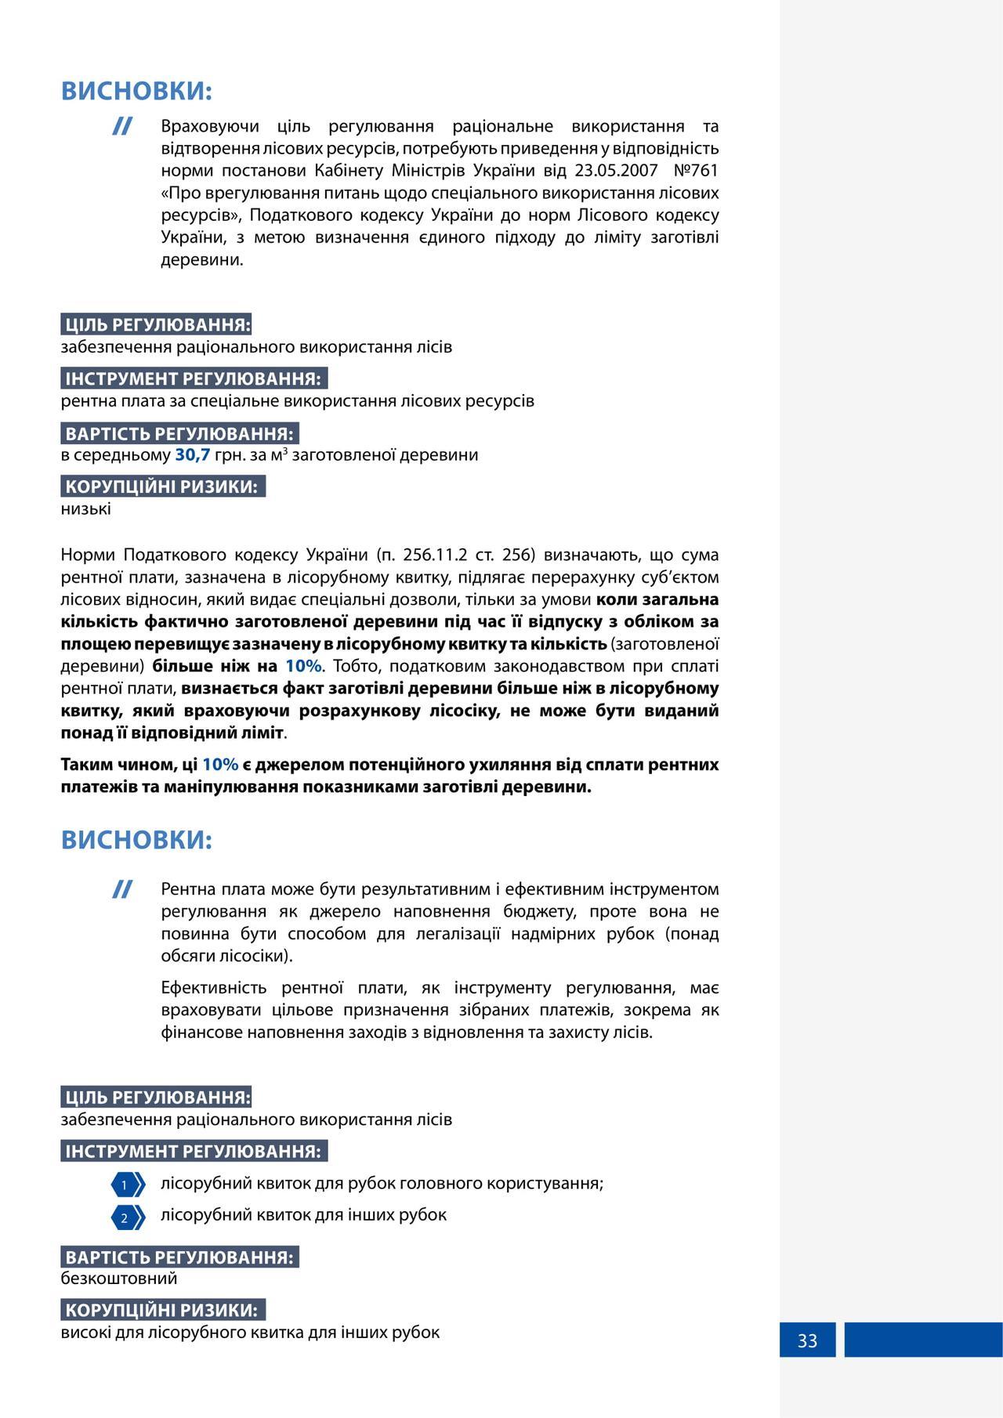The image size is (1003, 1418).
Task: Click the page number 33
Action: [807, 1340]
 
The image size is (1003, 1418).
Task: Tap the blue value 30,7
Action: [192, 454]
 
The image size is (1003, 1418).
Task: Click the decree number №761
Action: [695, 171]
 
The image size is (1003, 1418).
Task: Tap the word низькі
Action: [86, 509]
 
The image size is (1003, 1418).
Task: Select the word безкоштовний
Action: [119, 1279]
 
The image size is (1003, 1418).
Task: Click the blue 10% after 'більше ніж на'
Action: [303, 667]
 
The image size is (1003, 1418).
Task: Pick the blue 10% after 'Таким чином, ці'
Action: [220, 765]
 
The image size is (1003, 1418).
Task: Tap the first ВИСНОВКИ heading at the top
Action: [137, 92]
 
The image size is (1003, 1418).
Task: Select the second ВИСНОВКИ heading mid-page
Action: [137, 841]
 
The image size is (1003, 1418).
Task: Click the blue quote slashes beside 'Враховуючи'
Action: [121, 126]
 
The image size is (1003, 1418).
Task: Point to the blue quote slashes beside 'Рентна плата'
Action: [121, 889]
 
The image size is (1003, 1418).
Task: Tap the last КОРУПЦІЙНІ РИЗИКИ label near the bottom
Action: [162, 1310]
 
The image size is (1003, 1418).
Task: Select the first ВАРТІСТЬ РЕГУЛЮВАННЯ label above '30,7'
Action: [179, 434]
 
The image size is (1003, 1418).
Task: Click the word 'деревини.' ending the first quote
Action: [202, 260]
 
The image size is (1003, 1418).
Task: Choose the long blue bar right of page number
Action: [923, 1340]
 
